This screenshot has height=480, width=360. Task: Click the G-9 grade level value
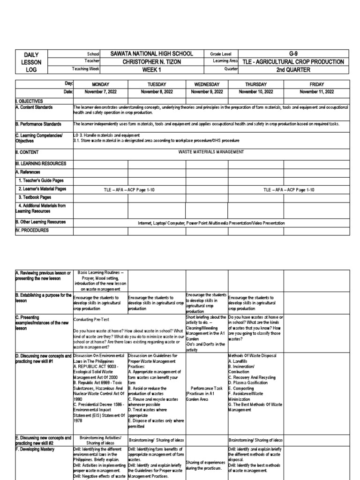pos(294,54)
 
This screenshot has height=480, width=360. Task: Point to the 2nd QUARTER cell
pos(294,69)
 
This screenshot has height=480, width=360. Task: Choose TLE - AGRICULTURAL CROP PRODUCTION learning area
pos(294,61)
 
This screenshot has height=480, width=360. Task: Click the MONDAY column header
pos(100,84)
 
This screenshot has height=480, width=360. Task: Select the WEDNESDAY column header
pos(207,84)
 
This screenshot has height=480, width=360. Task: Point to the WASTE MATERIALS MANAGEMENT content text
pos(211,152)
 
